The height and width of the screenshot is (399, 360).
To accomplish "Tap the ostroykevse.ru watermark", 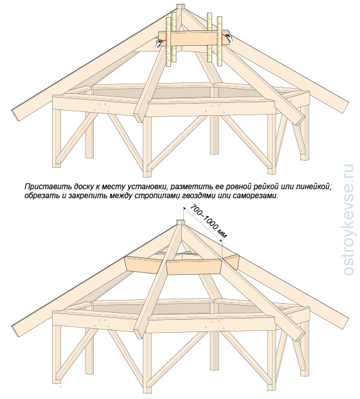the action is [x=348, y=219].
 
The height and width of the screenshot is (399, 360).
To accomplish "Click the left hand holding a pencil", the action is [x=160, y=42].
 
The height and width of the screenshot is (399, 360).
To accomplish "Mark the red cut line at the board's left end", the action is [x=166, y=39].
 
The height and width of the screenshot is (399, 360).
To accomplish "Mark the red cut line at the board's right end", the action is [x=222, y=38].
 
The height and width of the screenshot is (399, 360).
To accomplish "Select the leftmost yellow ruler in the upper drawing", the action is [x=168, y=42].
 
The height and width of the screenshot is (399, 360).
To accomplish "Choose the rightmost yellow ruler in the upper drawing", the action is [x=219, y=41].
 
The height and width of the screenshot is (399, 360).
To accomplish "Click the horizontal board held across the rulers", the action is [x=194, y=39].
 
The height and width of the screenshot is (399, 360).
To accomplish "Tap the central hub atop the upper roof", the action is [x=181, y=7].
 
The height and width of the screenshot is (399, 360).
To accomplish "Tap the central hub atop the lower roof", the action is [x=180, y=223].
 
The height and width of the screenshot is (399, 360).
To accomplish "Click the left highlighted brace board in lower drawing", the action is [x=145, y=265].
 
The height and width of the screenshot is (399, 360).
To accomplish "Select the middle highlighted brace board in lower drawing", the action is [x=194, y=267].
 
